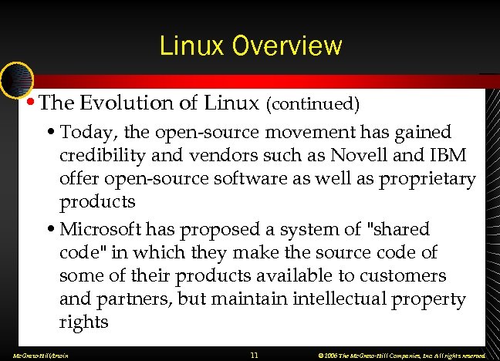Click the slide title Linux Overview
pyautogui.click(x=250, y=46)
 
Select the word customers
pyautogui.click(x=407, y=275)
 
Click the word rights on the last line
pyautogui.click(x=84, y=321)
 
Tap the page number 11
pyautogui.click(x=254, y=355)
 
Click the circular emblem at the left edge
pyautogui.click(x=15, y=78)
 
